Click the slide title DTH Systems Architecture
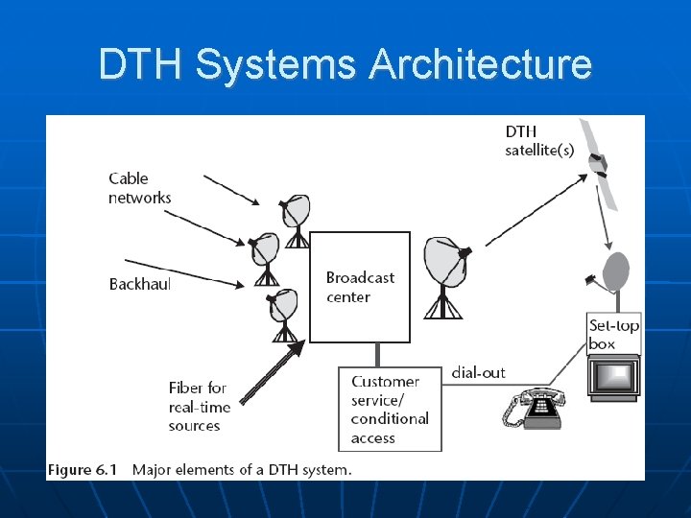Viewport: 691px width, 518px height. click(x=345, y=65)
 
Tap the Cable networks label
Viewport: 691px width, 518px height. click(x=140, y=188)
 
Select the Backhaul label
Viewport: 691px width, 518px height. click(x=139, y=284)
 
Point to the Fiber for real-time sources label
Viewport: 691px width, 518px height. click(x=200, y=407)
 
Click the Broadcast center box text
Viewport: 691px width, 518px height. click(x=360, y=287)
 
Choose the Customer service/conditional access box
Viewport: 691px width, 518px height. click(x=390, y=410)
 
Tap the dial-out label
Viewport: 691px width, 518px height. click(x=478, y=372)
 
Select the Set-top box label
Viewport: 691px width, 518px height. click(x=614, y=335)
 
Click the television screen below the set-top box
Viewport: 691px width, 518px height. click(x=613, y=377)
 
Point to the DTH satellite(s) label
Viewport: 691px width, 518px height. click(x=536, y=140)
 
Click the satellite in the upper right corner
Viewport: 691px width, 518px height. click(x=601, y=165)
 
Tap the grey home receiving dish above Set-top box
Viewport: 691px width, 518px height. click(x=614, y=271)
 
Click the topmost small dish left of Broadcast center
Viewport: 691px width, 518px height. click(x=297, y=213)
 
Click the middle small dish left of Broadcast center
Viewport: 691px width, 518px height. click(x=265, y=251)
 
